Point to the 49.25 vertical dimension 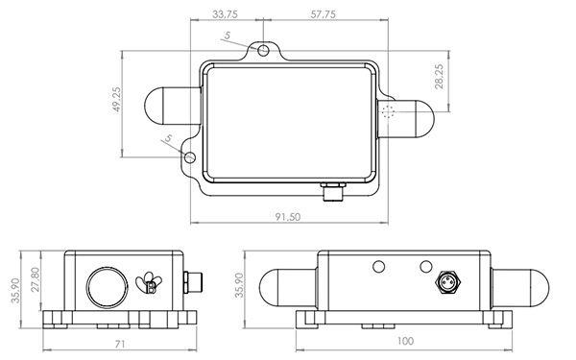tap(117, 101)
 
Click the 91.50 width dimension tap(287, 217)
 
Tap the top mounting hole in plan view tap(264, 48)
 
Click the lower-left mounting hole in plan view tap(189, 156)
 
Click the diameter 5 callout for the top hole tap(228, 36)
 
